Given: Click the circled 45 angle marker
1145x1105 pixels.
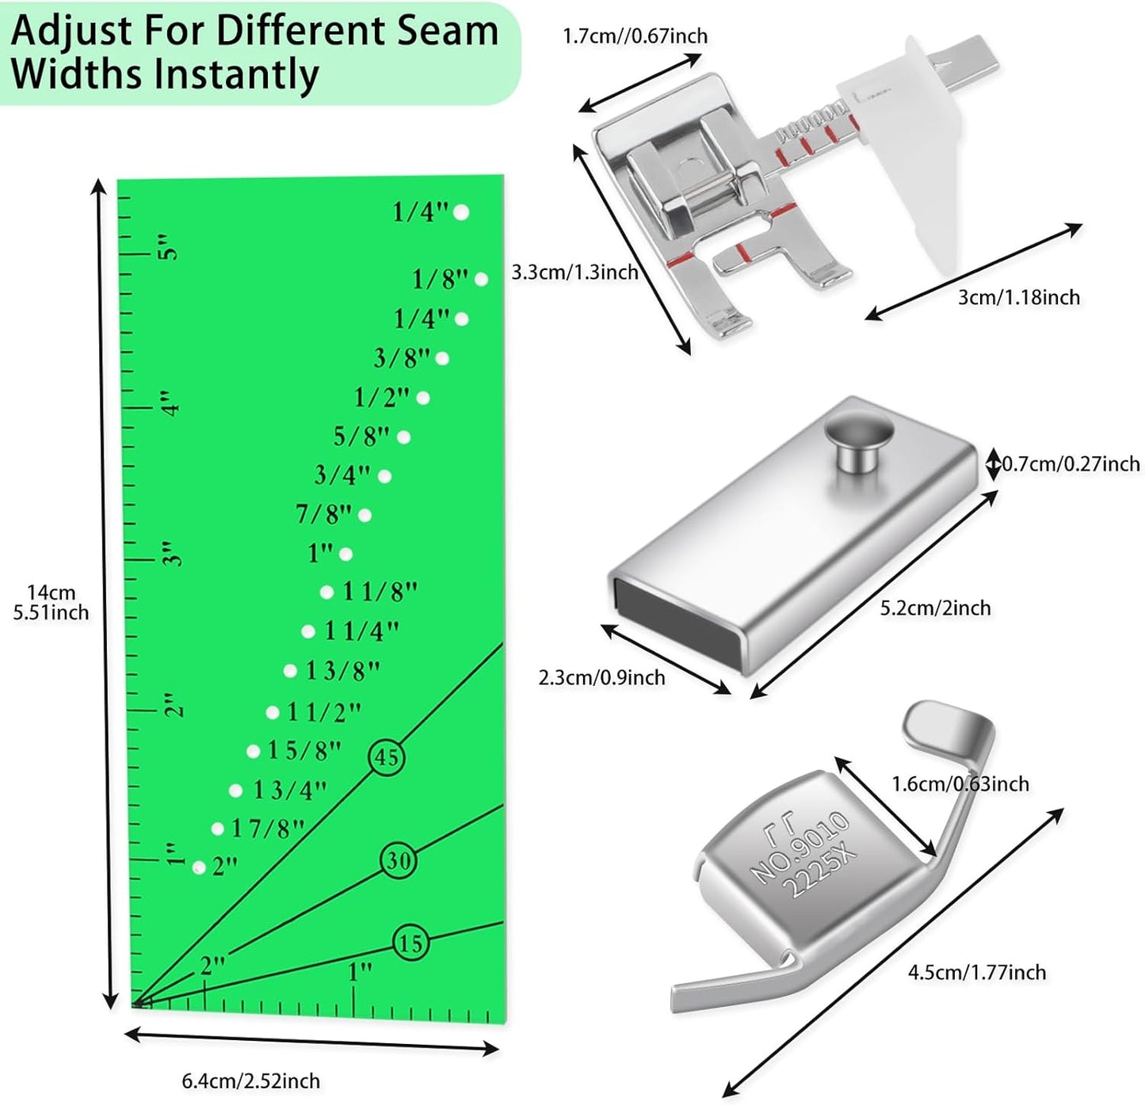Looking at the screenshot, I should click(387, 757).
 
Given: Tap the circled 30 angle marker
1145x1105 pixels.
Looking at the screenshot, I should click(399, 860).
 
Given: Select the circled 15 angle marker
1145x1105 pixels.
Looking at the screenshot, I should click(410, 943).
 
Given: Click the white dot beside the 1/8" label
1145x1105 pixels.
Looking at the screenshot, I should click(481, 279).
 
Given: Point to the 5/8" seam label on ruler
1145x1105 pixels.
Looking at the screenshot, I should click(361, 436).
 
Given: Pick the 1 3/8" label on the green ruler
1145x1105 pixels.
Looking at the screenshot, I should click(343, 671).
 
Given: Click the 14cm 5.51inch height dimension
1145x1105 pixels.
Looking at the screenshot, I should click(51, 602).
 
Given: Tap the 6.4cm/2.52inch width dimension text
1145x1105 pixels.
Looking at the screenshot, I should click(251, 1080).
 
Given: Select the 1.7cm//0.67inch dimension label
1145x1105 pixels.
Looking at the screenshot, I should click(635, 36).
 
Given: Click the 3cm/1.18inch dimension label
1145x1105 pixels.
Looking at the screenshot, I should click(1018, 297).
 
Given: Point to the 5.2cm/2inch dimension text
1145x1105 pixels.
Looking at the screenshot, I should click(935, 608).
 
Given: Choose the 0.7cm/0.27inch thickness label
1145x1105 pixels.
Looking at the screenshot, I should click(1071, 463).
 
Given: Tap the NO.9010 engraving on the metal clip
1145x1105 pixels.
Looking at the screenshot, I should click(800, 846).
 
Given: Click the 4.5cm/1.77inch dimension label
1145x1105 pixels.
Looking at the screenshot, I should click(976, 972).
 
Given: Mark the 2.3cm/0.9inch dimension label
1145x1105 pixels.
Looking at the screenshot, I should click(601, 677).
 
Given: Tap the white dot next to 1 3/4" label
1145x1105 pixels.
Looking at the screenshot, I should click(235, 790).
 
